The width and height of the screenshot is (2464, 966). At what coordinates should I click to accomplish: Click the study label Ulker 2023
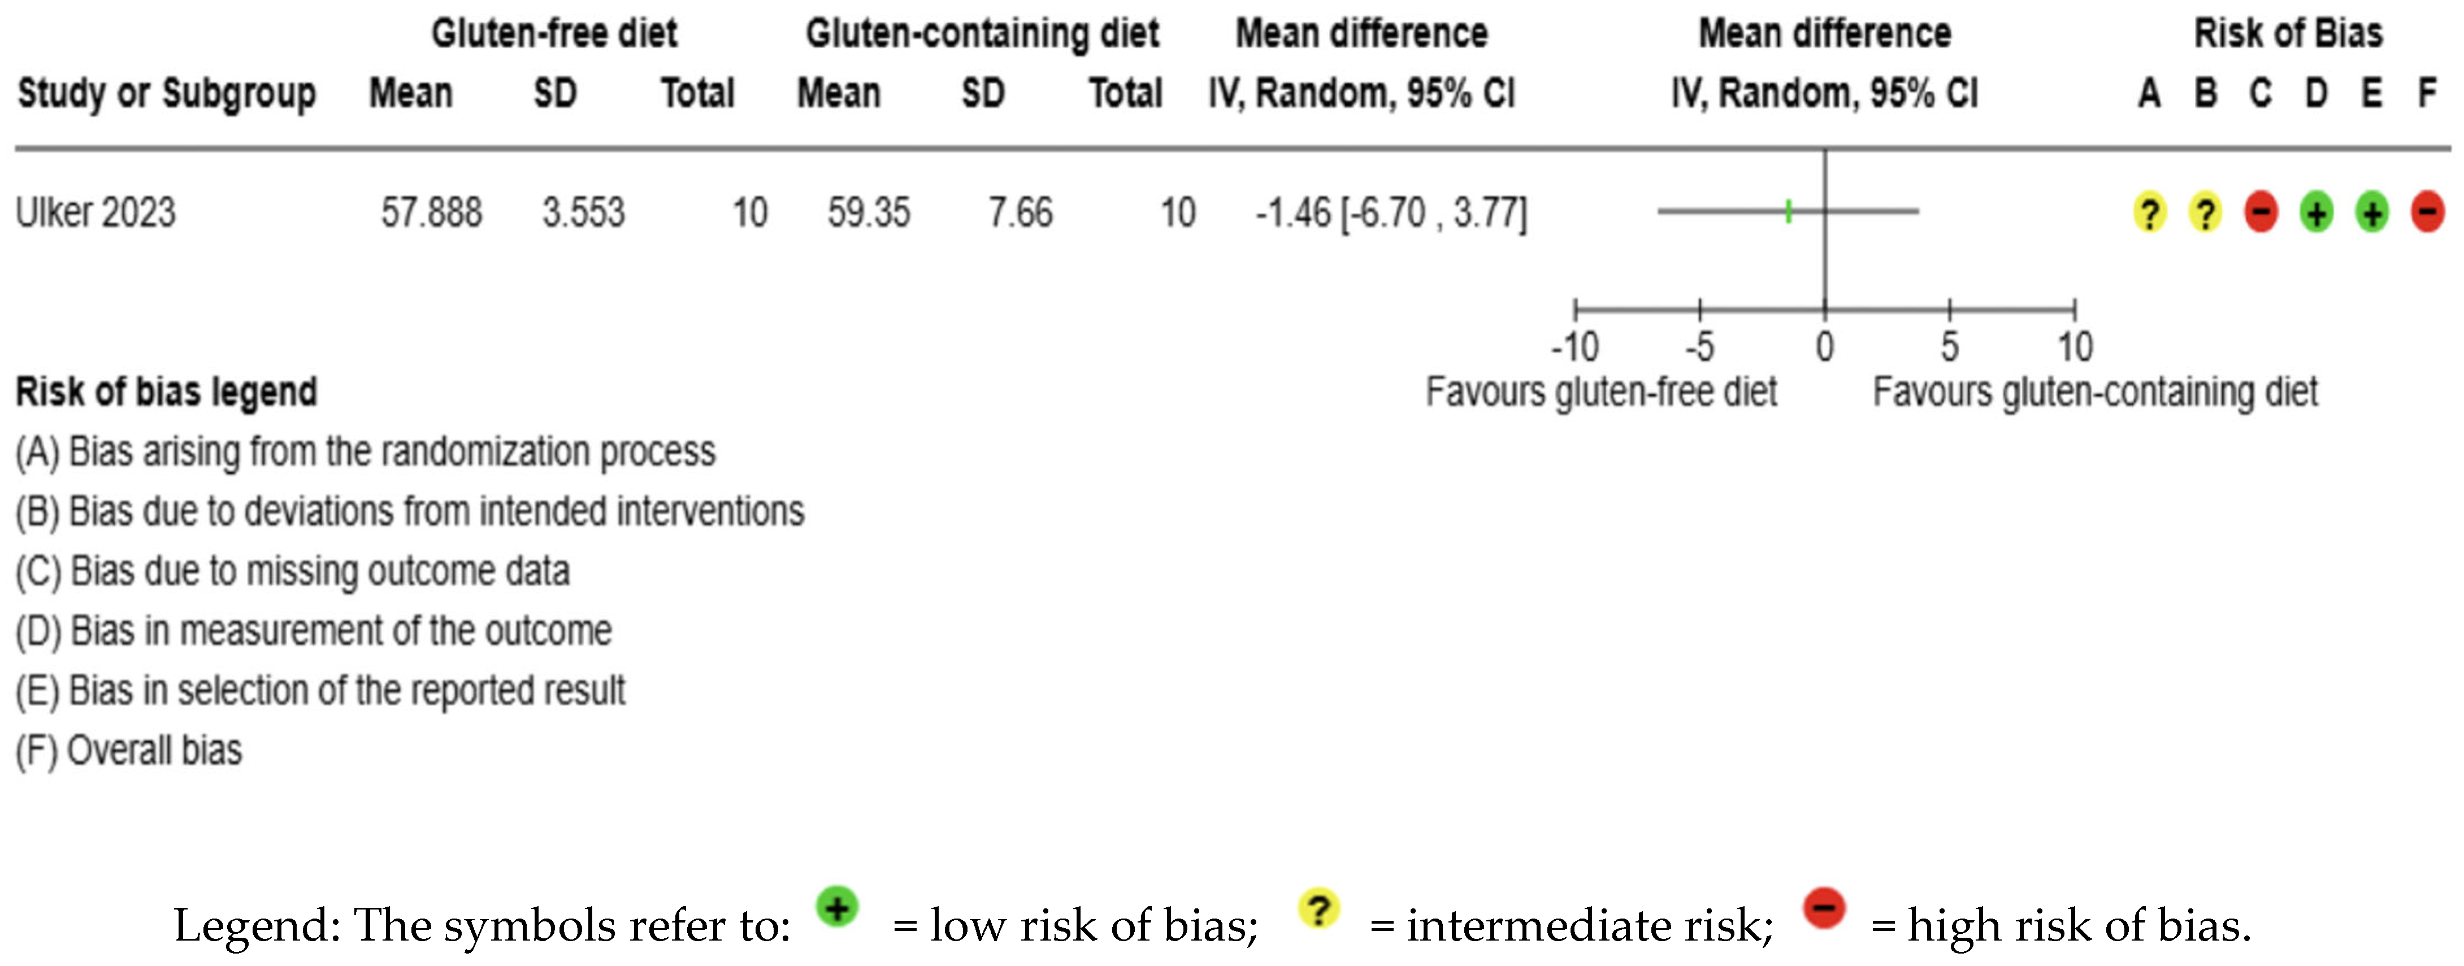click(96, 212)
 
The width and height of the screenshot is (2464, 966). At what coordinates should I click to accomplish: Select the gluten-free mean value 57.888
click(431, 212)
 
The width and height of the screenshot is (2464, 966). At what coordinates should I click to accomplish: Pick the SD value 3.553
click(583, 212)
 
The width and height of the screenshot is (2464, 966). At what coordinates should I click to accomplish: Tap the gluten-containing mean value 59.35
click(869, 212)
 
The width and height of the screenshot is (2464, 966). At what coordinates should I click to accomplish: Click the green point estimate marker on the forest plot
click(1788, 211)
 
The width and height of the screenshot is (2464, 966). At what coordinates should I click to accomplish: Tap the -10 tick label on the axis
click(1574, 346)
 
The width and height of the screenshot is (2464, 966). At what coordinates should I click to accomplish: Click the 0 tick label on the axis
click(1825, 346)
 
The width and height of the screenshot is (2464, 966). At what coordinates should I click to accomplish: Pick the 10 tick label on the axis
click(2075, 346)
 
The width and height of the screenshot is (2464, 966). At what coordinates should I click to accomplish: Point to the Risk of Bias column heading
click(2287, 33)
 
